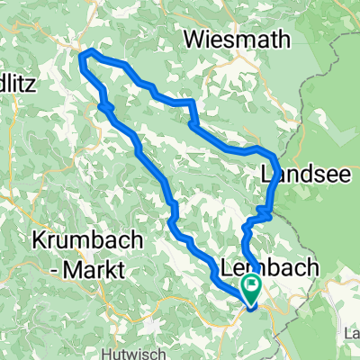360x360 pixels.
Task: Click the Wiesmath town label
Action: [x=238, y=39]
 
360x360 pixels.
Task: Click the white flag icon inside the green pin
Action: [x=250, y=286]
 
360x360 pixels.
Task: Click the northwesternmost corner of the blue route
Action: [x=84, y=57]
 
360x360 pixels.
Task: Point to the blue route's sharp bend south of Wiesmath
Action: [x=190, y=104]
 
